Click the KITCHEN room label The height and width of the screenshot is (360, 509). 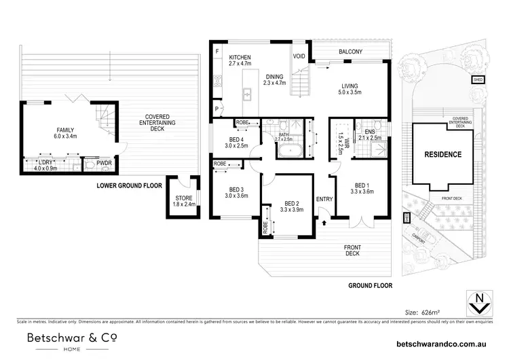(x=240, y=57)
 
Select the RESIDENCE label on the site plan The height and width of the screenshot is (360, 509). (x=442, y=154)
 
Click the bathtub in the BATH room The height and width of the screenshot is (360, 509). (x=290, y=150)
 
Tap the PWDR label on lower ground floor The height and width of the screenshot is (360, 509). (x=104, y=164)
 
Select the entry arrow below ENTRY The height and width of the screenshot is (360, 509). (x=323, y=222)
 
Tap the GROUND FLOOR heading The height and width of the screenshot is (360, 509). (x=370, y=286)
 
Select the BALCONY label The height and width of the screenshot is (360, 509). (x=351, y=52)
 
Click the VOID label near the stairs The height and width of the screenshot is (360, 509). (x=299, y=56)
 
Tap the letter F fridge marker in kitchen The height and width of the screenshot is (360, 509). (x=216, y=52)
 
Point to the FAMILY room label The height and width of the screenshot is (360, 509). (x=66, y=130)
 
